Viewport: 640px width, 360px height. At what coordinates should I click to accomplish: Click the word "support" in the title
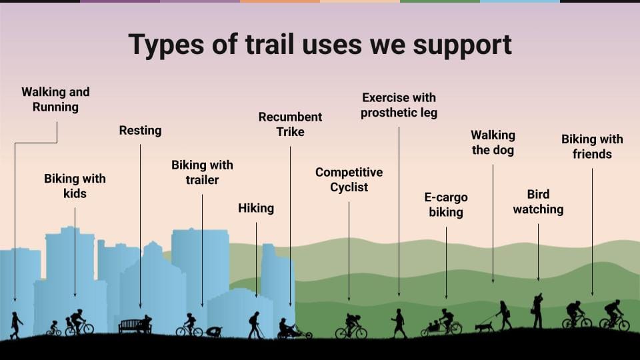(462, 45)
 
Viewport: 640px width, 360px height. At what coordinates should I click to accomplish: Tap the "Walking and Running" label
(55, 99)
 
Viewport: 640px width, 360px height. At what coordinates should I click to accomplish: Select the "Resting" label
(140, 130)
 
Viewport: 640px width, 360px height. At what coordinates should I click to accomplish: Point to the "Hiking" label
(256, 208)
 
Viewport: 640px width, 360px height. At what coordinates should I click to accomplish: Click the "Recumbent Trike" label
(290, 124)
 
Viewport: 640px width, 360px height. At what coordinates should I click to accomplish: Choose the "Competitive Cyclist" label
(349, 179)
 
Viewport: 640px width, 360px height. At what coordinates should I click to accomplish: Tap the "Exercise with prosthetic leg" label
(399, 105)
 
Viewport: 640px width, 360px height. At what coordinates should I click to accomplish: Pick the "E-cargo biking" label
(446, 205)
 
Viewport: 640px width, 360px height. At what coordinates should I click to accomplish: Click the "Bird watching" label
(538, 201)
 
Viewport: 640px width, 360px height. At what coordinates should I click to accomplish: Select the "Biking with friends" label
(592, 147)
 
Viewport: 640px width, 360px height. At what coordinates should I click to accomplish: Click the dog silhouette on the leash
(484, 326)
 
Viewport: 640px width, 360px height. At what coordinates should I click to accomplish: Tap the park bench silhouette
(130, 326)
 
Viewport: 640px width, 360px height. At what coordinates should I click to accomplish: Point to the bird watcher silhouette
(537, 311)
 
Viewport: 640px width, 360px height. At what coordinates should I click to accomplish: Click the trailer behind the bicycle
(214, 332)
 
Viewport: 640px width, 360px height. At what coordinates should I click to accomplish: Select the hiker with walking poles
(255, 325)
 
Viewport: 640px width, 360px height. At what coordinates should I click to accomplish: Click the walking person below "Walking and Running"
(16, 325)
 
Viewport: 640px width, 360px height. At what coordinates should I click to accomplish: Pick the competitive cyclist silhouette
(351, 326)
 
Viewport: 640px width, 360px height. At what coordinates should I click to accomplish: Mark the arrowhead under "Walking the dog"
(493, 281)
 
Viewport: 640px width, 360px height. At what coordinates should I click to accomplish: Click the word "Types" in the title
(166, 45)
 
